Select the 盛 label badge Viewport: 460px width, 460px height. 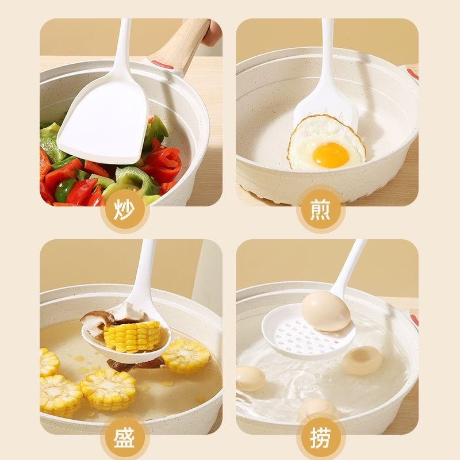tap(125, 440)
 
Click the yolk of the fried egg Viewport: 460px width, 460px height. tap(331, 155)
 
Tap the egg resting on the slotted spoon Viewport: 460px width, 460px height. tap(326, 311)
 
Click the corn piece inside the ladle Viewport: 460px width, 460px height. tap(132, 336)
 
